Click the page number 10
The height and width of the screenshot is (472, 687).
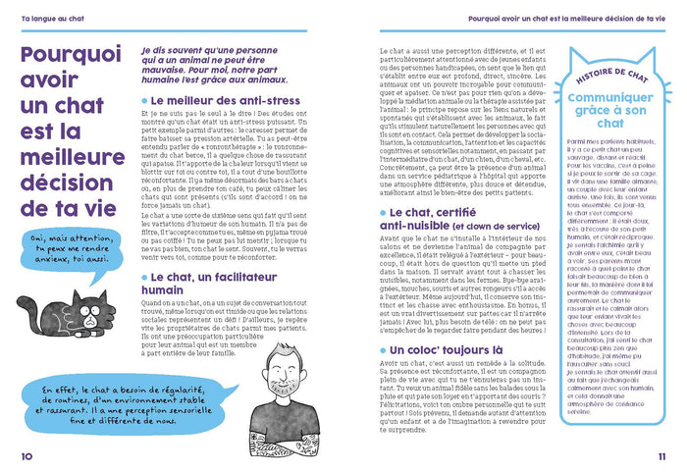pyautogui.click(x=26, y=455)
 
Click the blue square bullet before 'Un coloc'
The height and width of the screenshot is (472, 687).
pyautogui.click(x=383, y=350)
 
